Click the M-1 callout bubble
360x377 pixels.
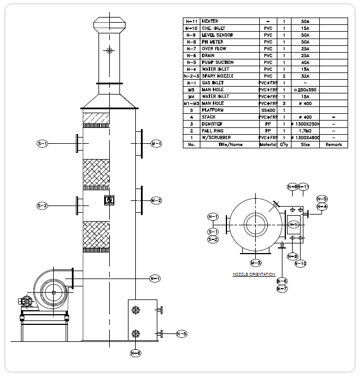pyautogui.click(x=156, y=144)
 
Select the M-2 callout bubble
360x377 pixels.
pyautogui.click(x=156, y=200)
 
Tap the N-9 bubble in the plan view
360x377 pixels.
pyautogui.click(x=292, y=187)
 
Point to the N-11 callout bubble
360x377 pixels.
pyautogui.click(x=303, y=187)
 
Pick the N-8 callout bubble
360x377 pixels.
pyautogui.click(x=292, y=256)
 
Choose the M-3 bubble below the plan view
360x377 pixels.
pyautogui.click(x=256, y=262)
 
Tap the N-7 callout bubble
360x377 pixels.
pyautogui.click(x=282, y=289)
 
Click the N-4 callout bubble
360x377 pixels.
pyautogui.click(x=322, y=207)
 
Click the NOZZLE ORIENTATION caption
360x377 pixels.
pyautogui.click(x=254, y=275)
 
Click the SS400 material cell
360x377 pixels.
pyautogui.click(x=268, y=110)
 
